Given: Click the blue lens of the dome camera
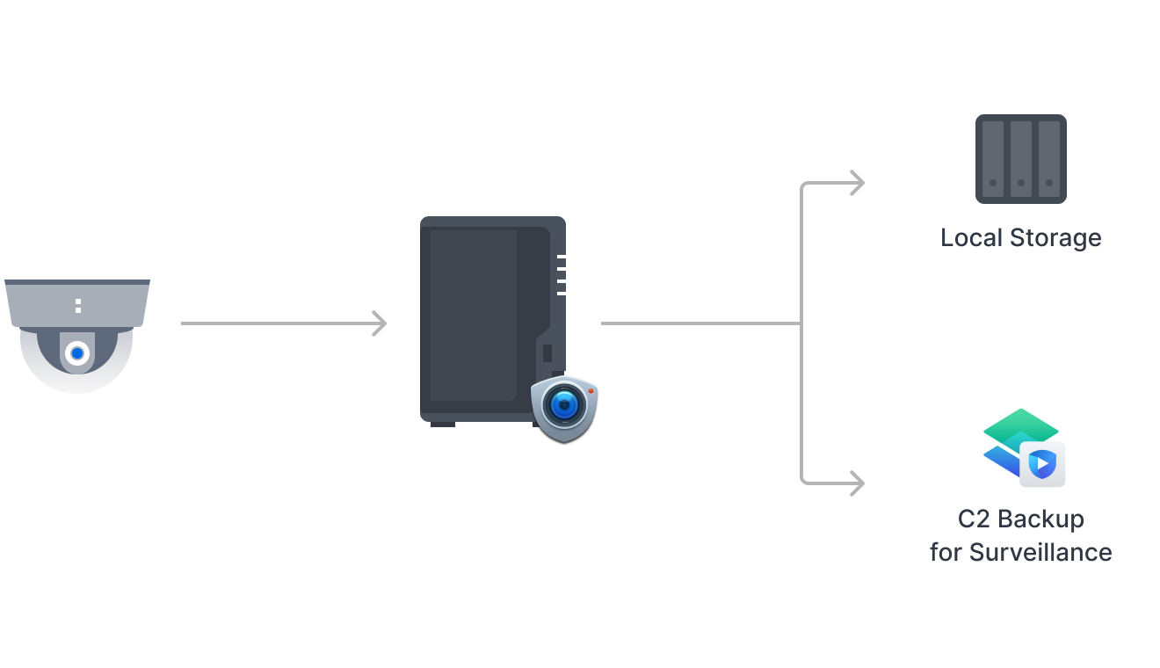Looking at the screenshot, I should (78, 353).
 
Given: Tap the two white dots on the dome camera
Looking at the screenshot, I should (78, 306).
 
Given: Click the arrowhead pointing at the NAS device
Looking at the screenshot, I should (379, 323).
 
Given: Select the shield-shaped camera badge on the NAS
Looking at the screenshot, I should (564, 407).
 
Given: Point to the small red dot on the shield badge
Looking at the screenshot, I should (591, 390).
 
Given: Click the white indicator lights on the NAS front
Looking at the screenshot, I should (561, 274).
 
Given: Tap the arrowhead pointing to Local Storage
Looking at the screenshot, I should (857, 183).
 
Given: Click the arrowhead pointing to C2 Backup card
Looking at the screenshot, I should (857, 483).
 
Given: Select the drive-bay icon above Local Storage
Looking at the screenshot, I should (1020, 159).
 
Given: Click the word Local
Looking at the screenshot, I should (970, 237).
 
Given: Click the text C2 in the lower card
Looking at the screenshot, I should (974, 519).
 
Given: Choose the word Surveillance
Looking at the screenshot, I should (1040, 552).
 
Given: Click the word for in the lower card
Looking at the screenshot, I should (946, 552).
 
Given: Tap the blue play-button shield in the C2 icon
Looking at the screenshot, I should (1042, 463).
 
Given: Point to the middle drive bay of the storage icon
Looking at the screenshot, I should (1020, 159).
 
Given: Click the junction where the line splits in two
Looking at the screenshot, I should (801, 323).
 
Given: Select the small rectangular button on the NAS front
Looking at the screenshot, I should (547, 353).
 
